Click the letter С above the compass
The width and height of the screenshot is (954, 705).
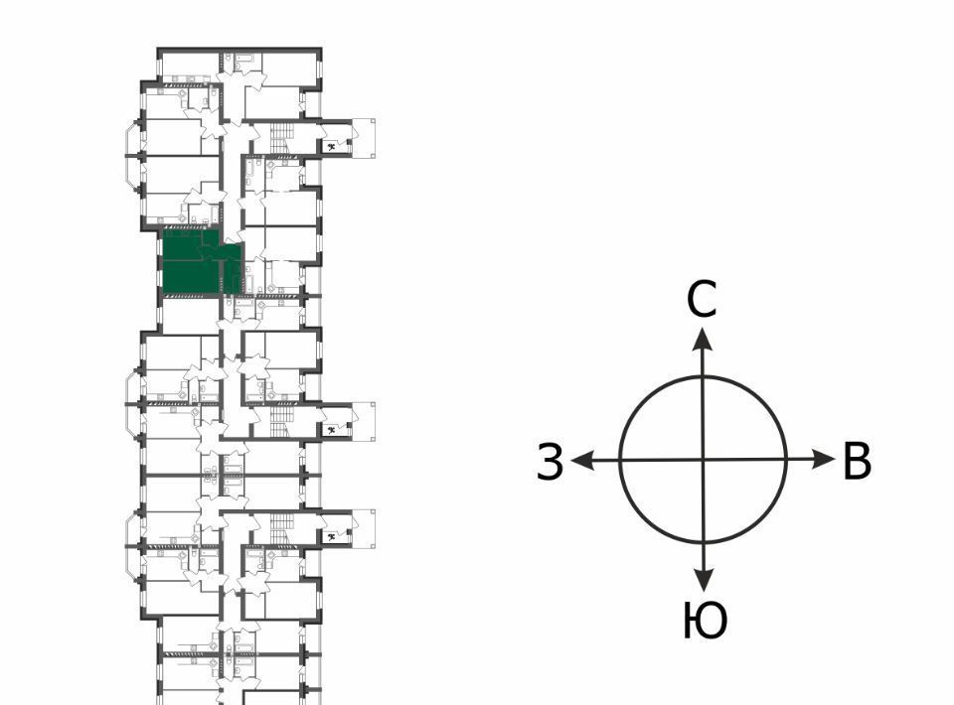pyautogui.click(x=703, y=300)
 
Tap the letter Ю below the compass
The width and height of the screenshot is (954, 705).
pyautogui.click(x=706, y=621)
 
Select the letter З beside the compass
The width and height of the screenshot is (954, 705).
pyautogui.click(x=551, y=462)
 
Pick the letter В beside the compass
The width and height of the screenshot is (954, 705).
pyautogui.click(x=858, y=462)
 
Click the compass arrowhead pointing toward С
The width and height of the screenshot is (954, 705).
pyautogui.click(x=704, y=339)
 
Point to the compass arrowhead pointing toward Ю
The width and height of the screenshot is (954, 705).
pyautogui.click(x=704, y=581)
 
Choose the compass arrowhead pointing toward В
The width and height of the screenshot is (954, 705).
pyautogui.click(x=824, y=459)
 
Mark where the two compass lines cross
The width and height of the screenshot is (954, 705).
pyautogui.click(x=704, y=460)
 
